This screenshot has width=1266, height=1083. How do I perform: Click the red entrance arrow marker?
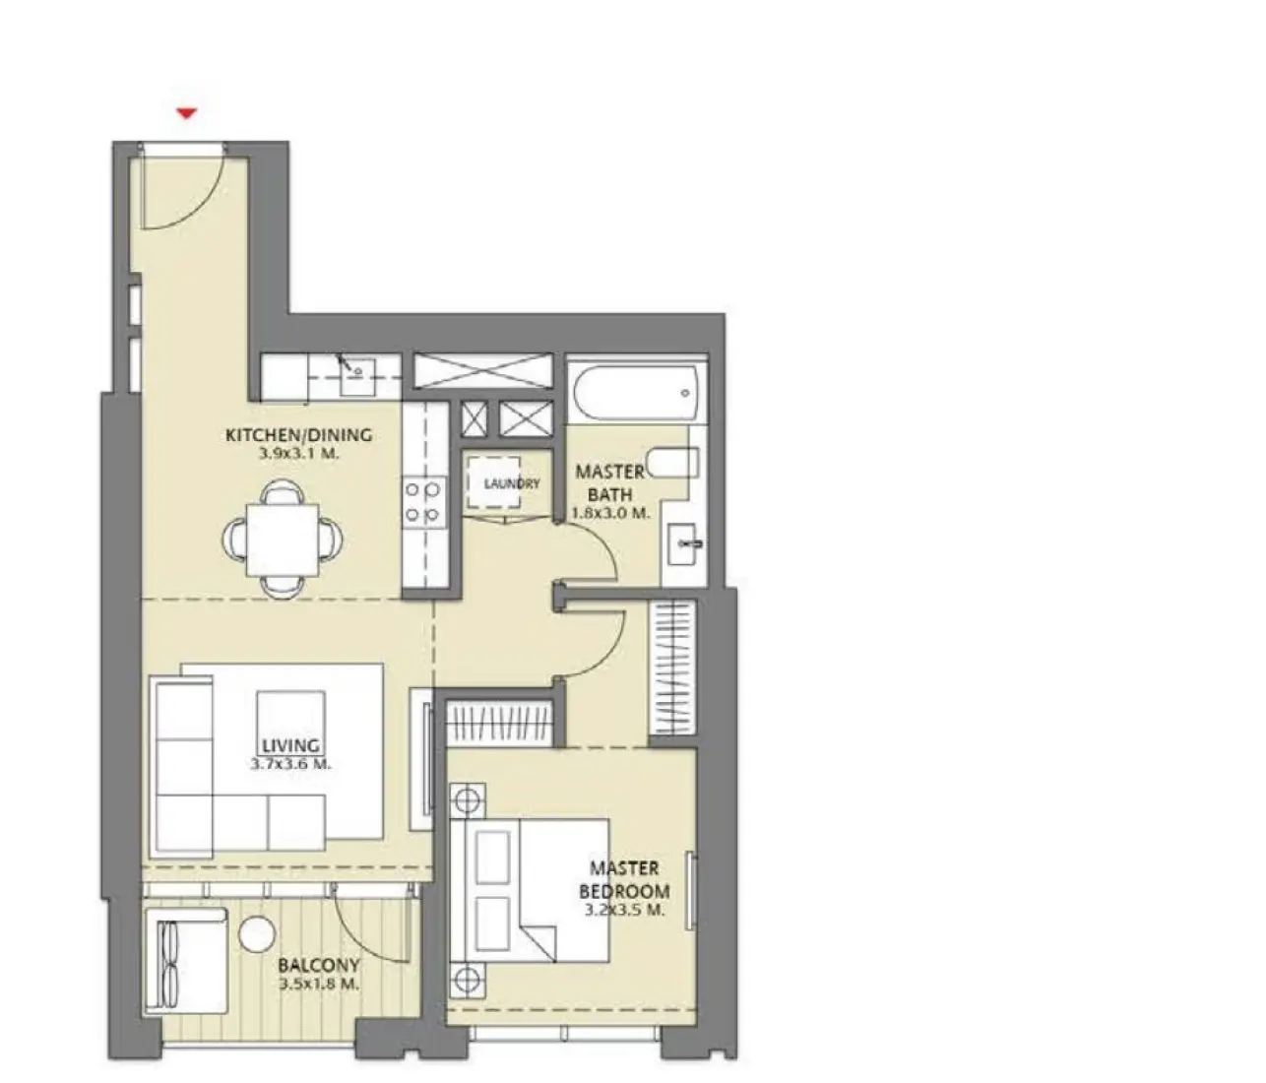click(x=187, y=114)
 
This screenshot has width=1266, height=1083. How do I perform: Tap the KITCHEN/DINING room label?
click(x=298, y=434)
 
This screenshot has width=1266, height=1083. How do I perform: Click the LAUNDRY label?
click(x=511, y=483)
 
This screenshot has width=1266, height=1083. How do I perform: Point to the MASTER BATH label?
click(x=610, y=482)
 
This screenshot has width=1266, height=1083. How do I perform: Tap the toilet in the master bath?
click(x=678, y=463)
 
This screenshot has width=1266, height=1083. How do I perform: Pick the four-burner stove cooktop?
click(x=425, y=500)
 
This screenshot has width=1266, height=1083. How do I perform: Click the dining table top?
click(x=283, y=537)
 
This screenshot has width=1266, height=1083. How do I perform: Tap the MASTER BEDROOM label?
click(x=624, y=879)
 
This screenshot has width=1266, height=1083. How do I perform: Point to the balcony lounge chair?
click(x=184, y=958)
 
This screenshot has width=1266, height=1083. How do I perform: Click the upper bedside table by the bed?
click(x=468, y=799)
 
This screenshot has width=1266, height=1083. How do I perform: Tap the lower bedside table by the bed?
click(x=468, y=980)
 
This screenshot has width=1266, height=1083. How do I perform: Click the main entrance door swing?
click(x=177, y=187)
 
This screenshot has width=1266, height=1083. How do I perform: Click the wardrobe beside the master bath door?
click(x=672, y=669)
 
